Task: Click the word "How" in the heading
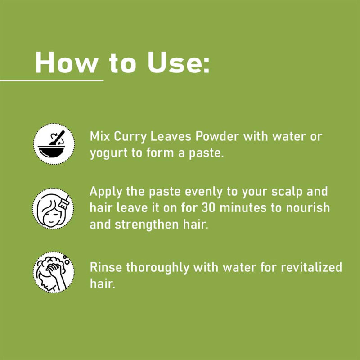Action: point(67,63)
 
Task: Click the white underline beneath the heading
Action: point(52,81)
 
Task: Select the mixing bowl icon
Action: point(54,144)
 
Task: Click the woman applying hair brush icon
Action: point(53,208)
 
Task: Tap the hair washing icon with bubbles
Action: point(54,272)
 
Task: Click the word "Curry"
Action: point(130,137)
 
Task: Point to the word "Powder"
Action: point(217,136)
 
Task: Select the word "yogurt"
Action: point(108,153)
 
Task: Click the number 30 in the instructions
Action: point(208,208)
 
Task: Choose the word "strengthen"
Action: point(147,225)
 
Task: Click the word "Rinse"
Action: point(106,267)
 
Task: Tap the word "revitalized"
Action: point(311,267)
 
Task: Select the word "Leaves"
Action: point(171,136)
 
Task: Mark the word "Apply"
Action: point(106,192)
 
